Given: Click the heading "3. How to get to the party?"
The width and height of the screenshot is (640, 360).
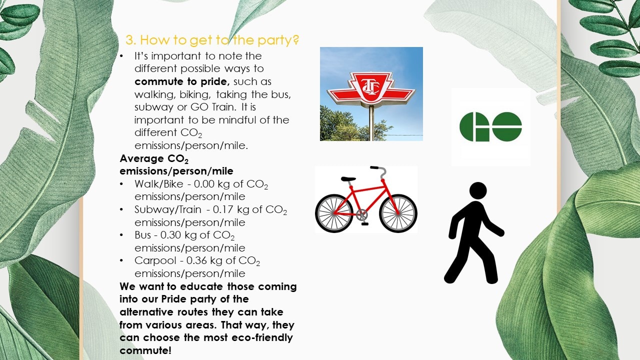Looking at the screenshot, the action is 212,40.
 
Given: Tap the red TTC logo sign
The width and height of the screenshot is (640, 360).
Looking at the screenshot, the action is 371,88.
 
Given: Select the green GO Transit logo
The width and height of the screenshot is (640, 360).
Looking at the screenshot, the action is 490,126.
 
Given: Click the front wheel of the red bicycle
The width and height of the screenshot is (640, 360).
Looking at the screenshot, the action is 398,213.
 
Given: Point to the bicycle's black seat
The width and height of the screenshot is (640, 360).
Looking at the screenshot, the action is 348,179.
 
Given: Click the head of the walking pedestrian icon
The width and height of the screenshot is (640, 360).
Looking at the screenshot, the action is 478,190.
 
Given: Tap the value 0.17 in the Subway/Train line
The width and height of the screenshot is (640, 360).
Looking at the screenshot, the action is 222,209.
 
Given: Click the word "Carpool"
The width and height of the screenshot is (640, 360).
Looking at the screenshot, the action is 155,261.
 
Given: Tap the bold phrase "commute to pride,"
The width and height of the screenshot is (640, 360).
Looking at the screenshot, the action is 182,81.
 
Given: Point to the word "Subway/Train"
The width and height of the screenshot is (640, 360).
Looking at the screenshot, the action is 168,210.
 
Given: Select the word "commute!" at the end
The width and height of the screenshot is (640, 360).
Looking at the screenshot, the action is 145,350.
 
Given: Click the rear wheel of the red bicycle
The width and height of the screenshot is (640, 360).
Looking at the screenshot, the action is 334,213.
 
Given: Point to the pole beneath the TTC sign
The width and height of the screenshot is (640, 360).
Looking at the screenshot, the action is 371,123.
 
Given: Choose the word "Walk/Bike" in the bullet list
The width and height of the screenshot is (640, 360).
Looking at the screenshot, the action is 159,184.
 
